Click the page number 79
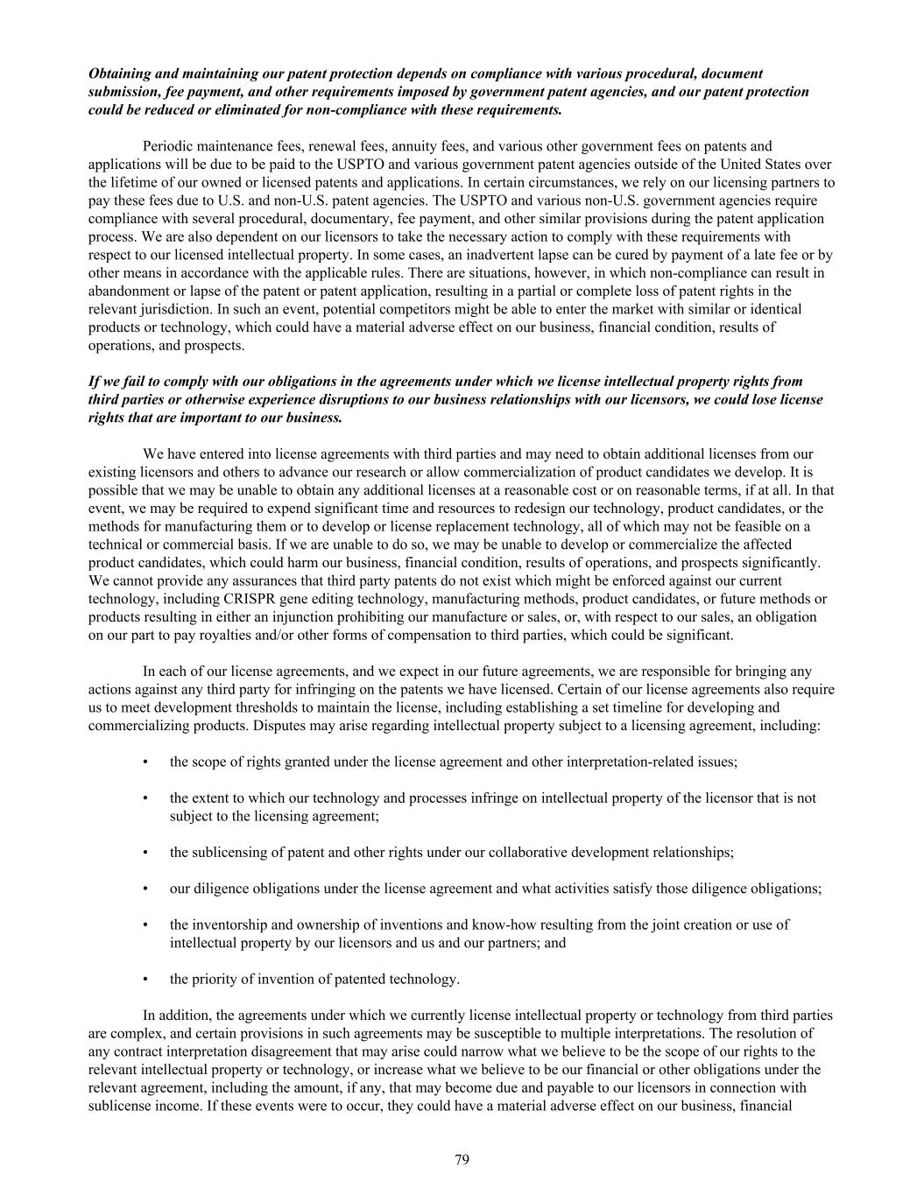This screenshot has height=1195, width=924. point(462,1160)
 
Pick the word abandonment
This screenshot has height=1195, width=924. point(131,291)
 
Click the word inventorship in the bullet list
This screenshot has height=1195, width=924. point(229,924)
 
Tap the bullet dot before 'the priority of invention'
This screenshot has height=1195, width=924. point(145,979)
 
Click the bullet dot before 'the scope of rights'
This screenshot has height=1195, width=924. point(145,762)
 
